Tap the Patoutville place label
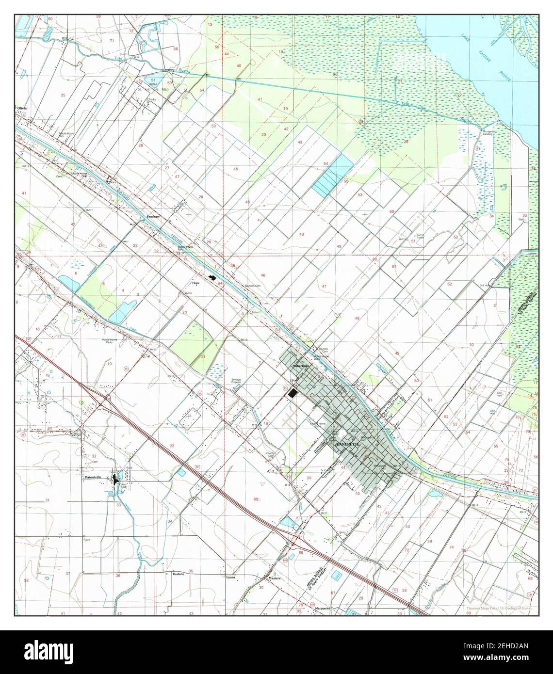92,477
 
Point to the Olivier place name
22,108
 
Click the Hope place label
196,281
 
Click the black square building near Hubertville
292,394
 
